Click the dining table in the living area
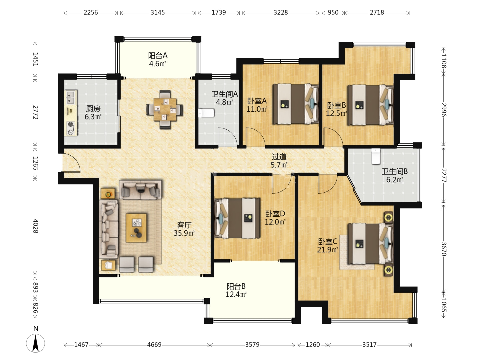pos(165,109)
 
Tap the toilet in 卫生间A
pos(206,113)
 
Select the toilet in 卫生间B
pos(376,156)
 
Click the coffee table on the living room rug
pos(136,228)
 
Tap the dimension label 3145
pos(158,12)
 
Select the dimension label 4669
pos(154,345)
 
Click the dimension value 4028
pos(35,226)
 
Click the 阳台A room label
pos(158,56)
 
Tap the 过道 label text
pos(279,157)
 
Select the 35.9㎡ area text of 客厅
pos(184,233)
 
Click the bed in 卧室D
pos(237,218)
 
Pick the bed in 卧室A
pos(295,104)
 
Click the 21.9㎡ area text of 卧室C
pos(328,250)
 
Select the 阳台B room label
pos(236,286)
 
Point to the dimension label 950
pos(333,12)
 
